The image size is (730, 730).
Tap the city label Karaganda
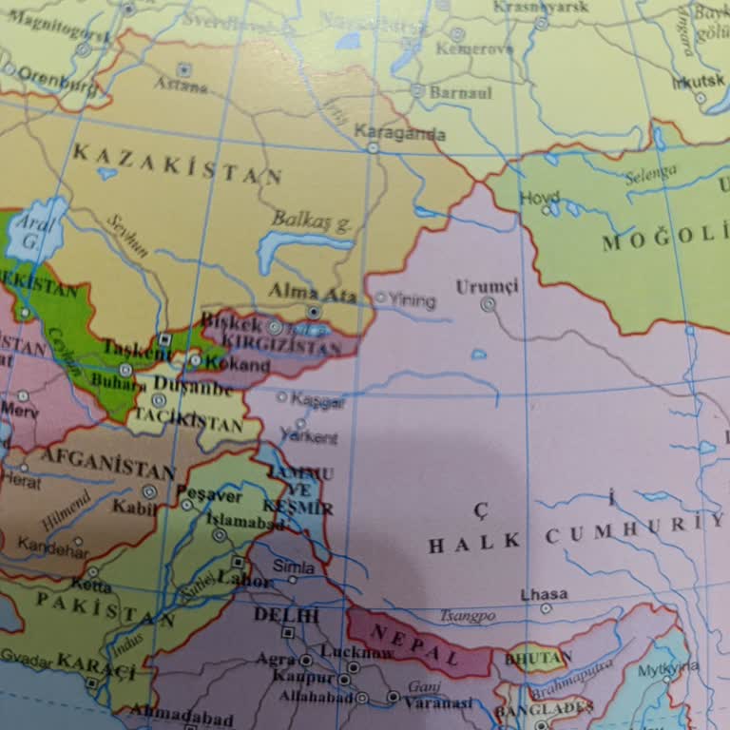[399, 133]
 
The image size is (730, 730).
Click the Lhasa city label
[544, 594]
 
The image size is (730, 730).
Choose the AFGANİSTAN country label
[109, 464]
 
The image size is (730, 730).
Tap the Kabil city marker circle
[149, 491]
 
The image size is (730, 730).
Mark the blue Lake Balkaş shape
[295, 250]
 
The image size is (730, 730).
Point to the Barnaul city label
[461, 92]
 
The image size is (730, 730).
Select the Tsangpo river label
[468, 616]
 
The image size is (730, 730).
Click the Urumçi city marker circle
[489, 305]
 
